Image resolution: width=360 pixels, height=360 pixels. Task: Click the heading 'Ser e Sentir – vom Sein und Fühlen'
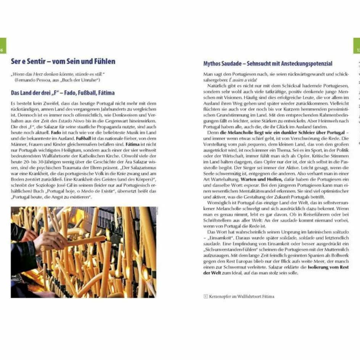click(x=63, y=61)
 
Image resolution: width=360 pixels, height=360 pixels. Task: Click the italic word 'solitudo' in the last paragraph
click(x=339, y=232)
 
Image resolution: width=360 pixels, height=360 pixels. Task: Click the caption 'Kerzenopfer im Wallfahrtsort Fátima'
click(x=241, y=296)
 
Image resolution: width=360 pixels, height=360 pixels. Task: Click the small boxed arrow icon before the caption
click(x=206, y=296)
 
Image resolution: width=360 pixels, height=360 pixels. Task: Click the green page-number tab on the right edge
click(x=357, y=45)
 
